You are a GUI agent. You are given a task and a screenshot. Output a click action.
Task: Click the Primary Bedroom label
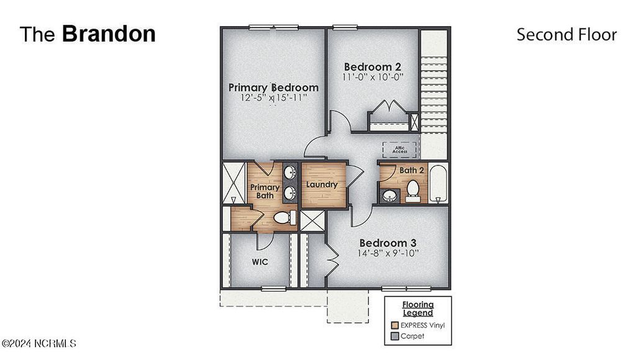coord(273,88)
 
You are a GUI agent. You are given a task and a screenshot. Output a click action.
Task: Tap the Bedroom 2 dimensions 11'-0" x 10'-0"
coord(373,78)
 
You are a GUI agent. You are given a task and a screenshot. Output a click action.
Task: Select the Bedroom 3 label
coord(388,243)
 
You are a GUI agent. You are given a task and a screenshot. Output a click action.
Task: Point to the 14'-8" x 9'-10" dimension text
coord(388,253)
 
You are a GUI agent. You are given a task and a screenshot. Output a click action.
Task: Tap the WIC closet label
coord(260,262)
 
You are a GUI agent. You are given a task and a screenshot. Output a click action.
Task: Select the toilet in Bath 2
coord(412,191)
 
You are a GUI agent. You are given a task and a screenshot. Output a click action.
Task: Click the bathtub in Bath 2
coord(438,184)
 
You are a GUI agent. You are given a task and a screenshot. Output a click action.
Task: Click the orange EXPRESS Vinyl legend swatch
coord(394,325)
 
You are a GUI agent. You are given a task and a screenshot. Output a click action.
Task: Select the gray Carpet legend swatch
coord(394,336)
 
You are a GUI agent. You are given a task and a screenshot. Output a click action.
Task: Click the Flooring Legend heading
coord(417,308)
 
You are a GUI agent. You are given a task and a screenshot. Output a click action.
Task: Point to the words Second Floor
coord(566,35)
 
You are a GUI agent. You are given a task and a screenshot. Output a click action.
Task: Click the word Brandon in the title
coord(109,34)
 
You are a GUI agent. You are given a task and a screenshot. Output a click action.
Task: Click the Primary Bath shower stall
coord(234,183)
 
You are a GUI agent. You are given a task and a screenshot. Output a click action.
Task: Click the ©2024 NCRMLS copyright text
coord(39,343)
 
